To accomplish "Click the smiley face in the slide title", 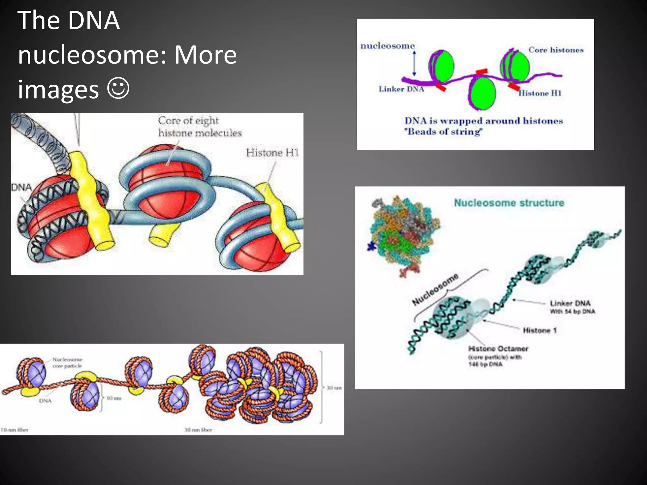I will [x=118, y=88].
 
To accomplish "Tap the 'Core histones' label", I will [x=556, y=50].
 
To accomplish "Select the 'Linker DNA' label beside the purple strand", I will [x=401, y=89].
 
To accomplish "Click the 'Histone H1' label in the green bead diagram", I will [x=540, y=93].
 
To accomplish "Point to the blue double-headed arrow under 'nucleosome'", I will [x=414, y=63].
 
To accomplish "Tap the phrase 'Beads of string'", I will [x=444, y=132].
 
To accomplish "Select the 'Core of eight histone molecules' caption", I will [x=200, y=127].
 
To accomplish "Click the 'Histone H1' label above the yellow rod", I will [x=272, y=153].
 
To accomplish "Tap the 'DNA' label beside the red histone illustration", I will [x=21, y=187].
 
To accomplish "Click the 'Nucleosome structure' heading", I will [x=509, y=203].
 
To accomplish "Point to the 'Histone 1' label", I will [x=540, y=330].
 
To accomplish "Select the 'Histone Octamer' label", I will [x=498, y=349].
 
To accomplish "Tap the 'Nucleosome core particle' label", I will [x=67, y=362].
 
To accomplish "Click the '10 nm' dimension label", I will [x=114, y=398].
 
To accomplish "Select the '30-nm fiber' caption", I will [x=198, y=430].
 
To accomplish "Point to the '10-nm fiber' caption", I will [x=15, y=430].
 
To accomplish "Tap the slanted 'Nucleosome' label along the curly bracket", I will [x=435, y=289].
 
